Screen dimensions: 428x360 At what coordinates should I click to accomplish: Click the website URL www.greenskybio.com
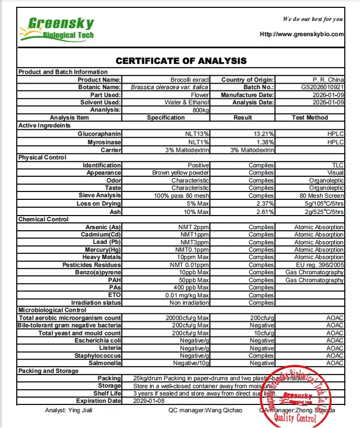[x=302, y=34]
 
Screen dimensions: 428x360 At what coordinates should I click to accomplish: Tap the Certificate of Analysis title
[x=181, y=61]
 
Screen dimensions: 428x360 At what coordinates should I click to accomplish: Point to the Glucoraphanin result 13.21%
[x=264, y=134]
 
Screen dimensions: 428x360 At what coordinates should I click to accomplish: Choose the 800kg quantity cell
[x=200, y=110]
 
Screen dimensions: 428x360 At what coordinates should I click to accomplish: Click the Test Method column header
[x=310, y=118]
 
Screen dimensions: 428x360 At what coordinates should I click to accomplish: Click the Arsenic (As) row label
[x=103, y=227]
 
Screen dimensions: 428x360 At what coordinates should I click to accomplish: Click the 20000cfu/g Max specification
[x=187, y=318]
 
